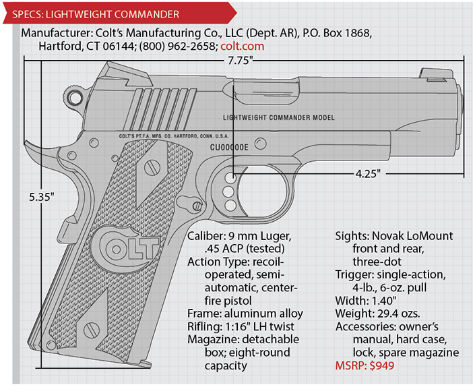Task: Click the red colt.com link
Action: (243, 47)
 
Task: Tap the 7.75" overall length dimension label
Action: (241, 61)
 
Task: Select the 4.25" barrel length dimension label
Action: (368, 174)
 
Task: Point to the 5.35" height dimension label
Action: (42, 197)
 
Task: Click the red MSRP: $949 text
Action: (365, 365)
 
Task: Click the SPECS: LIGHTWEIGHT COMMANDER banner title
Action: (96, 14)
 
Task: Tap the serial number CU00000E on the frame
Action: (229, 147)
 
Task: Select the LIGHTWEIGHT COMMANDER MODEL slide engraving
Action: (279, 117)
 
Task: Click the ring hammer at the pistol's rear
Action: (74, 97)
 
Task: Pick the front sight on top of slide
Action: (436, 76)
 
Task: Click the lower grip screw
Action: (92, 330)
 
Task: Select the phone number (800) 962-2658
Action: (177, 47)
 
